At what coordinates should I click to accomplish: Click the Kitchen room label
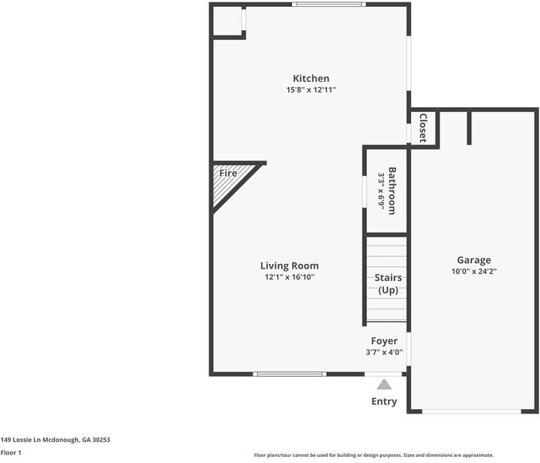[x=311, y=79]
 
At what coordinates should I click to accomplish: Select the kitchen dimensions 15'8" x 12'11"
[x=311, y=90]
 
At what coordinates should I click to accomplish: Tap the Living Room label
[x=289, y=265]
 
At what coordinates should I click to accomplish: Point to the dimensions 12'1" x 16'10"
[x=289, y=277]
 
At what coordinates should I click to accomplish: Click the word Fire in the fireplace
[x=228, y=174]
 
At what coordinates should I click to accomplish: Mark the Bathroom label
[x=392, y=190]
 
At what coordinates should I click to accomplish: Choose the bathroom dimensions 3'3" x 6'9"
[x=381, y=190]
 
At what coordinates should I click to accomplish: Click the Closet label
[x=423, y=128]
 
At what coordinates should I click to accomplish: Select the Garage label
[x=474, y=260]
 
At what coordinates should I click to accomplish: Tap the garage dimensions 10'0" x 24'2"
[x=474, y=272]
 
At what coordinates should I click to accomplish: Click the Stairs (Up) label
[x=388, y=284]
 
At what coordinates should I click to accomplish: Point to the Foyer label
[x=384, y=341]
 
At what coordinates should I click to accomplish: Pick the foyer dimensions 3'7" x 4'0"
[x=384, y=353]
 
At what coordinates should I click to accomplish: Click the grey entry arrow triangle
[x=384, y=384]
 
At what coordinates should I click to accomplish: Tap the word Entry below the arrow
[x=384, y=401]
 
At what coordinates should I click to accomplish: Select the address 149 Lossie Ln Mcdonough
[x=55, y=439]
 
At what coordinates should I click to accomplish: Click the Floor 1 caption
[x=11, y=453]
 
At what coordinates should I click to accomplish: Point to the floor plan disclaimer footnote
[x=373, y=455]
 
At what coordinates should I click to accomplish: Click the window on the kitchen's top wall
[x=328, y=5]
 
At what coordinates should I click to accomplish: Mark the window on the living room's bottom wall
[x=290, y=374]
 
